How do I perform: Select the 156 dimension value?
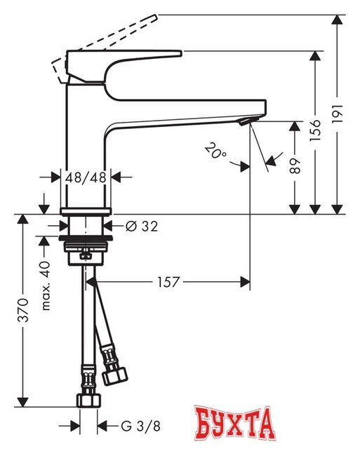pos(315,130)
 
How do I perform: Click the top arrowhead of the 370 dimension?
pos(24,218)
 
